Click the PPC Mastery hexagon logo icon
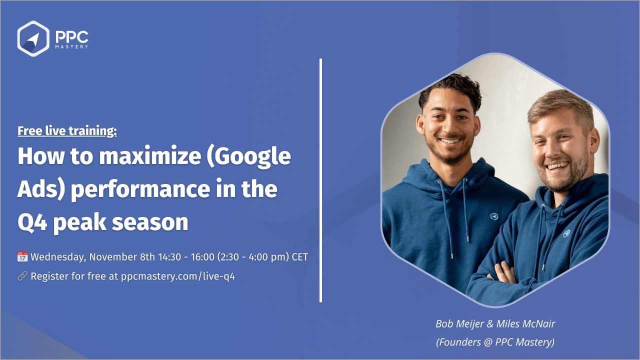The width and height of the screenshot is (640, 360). pyautogui.click(x=33, y=38)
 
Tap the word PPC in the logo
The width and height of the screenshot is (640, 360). pyautogui.click(x=71, y=37)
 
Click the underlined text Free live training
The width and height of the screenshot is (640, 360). pyautogui.click(x=67, y=131)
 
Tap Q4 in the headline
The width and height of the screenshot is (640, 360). pyautogui.click(x=32, y=221)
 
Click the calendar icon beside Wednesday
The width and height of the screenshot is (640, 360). pyautogui.click(x=22, y=257)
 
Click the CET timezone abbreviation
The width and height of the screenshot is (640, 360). pyautogui.click(x=298, y=257)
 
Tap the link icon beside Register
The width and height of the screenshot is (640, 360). pyautogui.click(x=22, y=276)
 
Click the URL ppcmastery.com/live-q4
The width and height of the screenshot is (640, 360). pyautogui.click(x=178, y=276)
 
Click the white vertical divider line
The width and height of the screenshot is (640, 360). pyautogui.click(x=320, y=180)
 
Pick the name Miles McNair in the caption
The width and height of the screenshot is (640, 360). pyautogui.click(x=525, y=323)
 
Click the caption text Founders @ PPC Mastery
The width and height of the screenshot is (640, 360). pyautogui.click(x=495, y=342)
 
